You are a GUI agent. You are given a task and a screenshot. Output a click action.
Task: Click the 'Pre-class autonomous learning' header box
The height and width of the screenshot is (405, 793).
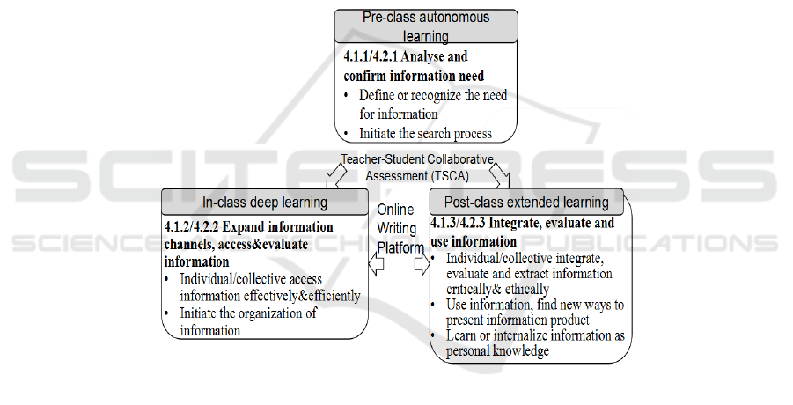point(426,26)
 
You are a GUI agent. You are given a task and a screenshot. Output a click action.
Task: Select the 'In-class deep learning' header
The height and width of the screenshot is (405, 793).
point(265,202)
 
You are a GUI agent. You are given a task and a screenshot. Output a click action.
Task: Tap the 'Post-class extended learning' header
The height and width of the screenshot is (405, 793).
point(526,202)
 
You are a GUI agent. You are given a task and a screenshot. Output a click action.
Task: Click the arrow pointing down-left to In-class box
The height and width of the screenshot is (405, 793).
point(336,175)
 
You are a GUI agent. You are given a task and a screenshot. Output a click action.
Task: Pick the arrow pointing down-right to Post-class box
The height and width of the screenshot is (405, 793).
point(499,175)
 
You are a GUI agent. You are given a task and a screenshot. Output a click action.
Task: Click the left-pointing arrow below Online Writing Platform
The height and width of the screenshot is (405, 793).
point(376,263)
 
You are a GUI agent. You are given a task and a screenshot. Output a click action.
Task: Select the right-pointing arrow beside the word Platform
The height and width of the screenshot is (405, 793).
point(422,263)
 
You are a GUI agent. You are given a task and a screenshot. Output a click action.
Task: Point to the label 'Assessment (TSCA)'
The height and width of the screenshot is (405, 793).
point(417,176)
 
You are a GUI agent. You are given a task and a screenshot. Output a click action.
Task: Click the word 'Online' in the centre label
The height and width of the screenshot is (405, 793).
point(395,210)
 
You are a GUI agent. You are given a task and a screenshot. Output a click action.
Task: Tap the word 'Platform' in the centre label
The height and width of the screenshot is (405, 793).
point(400,247)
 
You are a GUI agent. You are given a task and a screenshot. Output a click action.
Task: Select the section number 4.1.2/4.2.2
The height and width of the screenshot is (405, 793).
point(191,226)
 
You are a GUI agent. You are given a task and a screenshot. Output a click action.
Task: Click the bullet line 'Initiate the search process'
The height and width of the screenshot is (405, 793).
point(425,134)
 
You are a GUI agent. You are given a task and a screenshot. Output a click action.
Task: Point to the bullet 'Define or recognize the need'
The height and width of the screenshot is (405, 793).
point(433,95)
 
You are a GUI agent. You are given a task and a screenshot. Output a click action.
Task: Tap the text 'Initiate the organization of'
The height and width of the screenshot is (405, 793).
point(248,313)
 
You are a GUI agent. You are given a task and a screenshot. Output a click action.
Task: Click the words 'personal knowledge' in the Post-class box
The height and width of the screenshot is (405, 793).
point(497,351)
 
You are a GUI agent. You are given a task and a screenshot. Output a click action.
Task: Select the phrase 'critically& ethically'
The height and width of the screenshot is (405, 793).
point(497,289)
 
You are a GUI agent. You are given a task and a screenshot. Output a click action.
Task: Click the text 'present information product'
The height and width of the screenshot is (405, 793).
point(518,320)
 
